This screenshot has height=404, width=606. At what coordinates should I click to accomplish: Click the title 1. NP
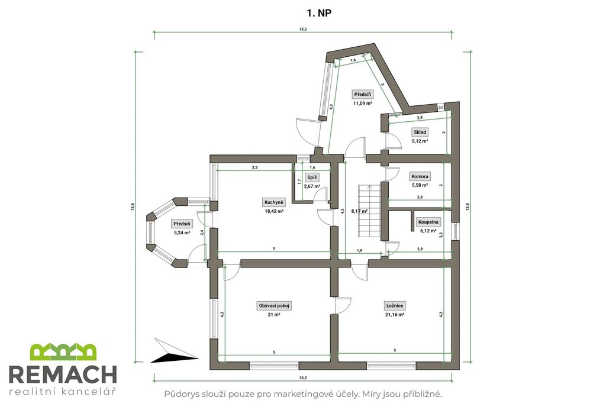tap(319, 13)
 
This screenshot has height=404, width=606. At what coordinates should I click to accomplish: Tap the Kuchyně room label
tap(274, 202)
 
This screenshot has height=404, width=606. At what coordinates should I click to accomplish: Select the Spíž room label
tap(312, 177)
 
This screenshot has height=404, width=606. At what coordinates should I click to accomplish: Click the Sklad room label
tap(420, 132)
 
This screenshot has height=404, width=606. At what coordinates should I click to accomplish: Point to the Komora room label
tap(420, 176)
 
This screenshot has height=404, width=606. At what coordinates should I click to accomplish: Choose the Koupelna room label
tap(428, 222)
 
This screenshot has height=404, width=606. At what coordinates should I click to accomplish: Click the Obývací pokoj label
tap(274, 305)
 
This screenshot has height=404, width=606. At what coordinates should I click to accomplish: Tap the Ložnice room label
tap(395, 305)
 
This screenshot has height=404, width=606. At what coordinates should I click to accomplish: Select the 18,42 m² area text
tap(274, 212)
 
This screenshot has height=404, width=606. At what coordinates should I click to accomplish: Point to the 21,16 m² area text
tap(395, 315)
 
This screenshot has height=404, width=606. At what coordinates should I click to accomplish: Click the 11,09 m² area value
tap(363, 104)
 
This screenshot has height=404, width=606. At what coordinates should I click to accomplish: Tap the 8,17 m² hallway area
tap(359, 211)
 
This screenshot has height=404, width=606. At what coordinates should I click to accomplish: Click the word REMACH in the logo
tap(63, 374)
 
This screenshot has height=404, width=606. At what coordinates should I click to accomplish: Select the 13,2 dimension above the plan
tap(303, 30)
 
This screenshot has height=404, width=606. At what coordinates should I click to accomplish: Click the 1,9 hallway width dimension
tap(359, 250)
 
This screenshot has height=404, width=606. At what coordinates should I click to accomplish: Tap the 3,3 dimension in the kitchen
tap(254, 167)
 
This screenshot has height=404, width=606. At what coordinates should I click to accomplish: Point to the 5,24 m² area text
tap(182, 233)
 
